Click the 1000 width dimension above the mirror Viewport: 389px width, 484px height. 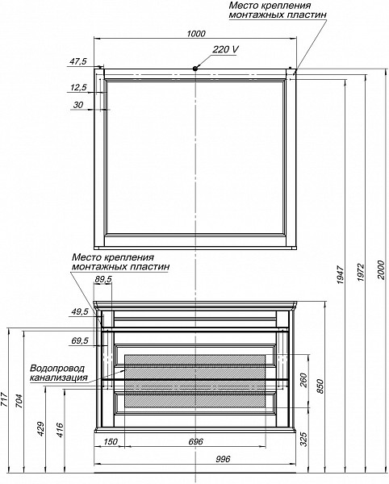click(196, 33)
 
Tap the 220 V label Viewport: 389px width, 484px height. click(225, 49)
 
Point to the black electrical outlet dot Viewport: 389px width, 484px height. click(195, 69)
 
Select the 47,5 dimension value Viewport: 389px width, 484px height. click(77, 61)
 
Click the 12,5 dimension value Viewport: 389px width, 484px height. click(78, 88)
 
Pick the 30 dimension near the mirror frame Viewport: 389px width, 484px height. click(78, 105)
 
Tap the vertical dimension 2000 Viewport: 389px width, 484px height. click(382, 269)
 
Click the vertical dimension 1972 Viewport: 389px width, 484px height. click(362, 273)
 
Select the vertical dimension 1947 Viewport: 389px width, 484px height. click(341, 274)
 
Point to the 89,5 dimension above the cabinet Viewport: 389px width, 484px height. click(103, 279)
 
